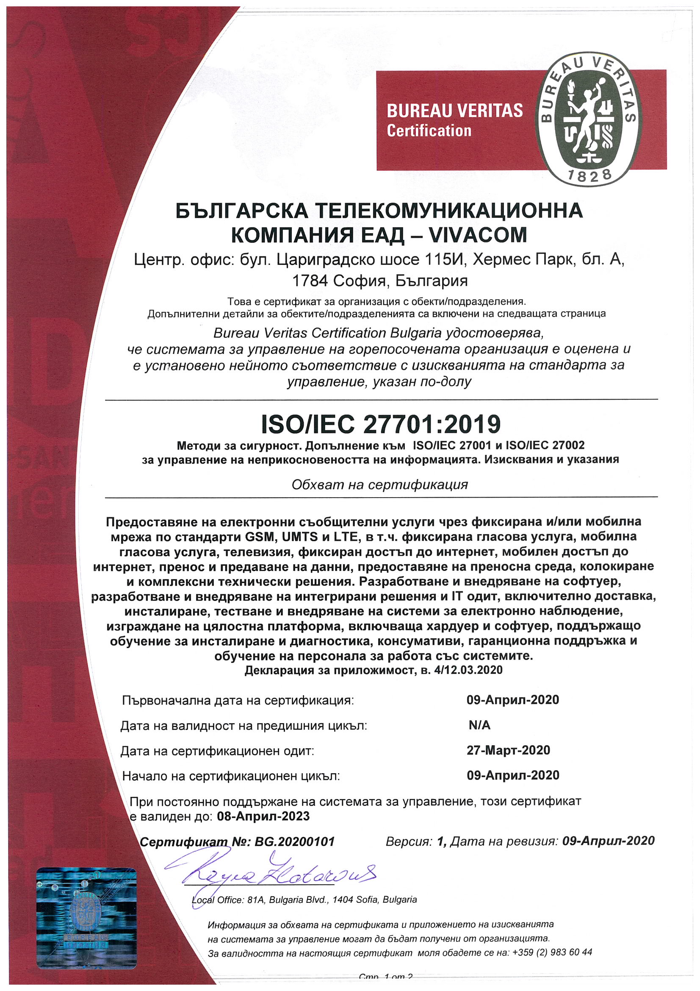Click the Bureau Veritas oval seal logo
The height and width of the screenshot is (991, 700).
[x=588, y=119]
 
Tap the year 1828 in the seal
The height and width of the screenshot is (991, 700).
[x=589, y=175]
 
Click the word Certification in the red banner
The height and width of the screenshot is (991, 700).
[x=429, y=131]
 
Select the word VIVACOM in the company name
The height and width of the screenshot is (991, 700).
[x=478, y=236]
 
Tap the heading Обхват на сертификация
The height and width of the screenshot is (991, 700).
[x=379, y=485]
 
